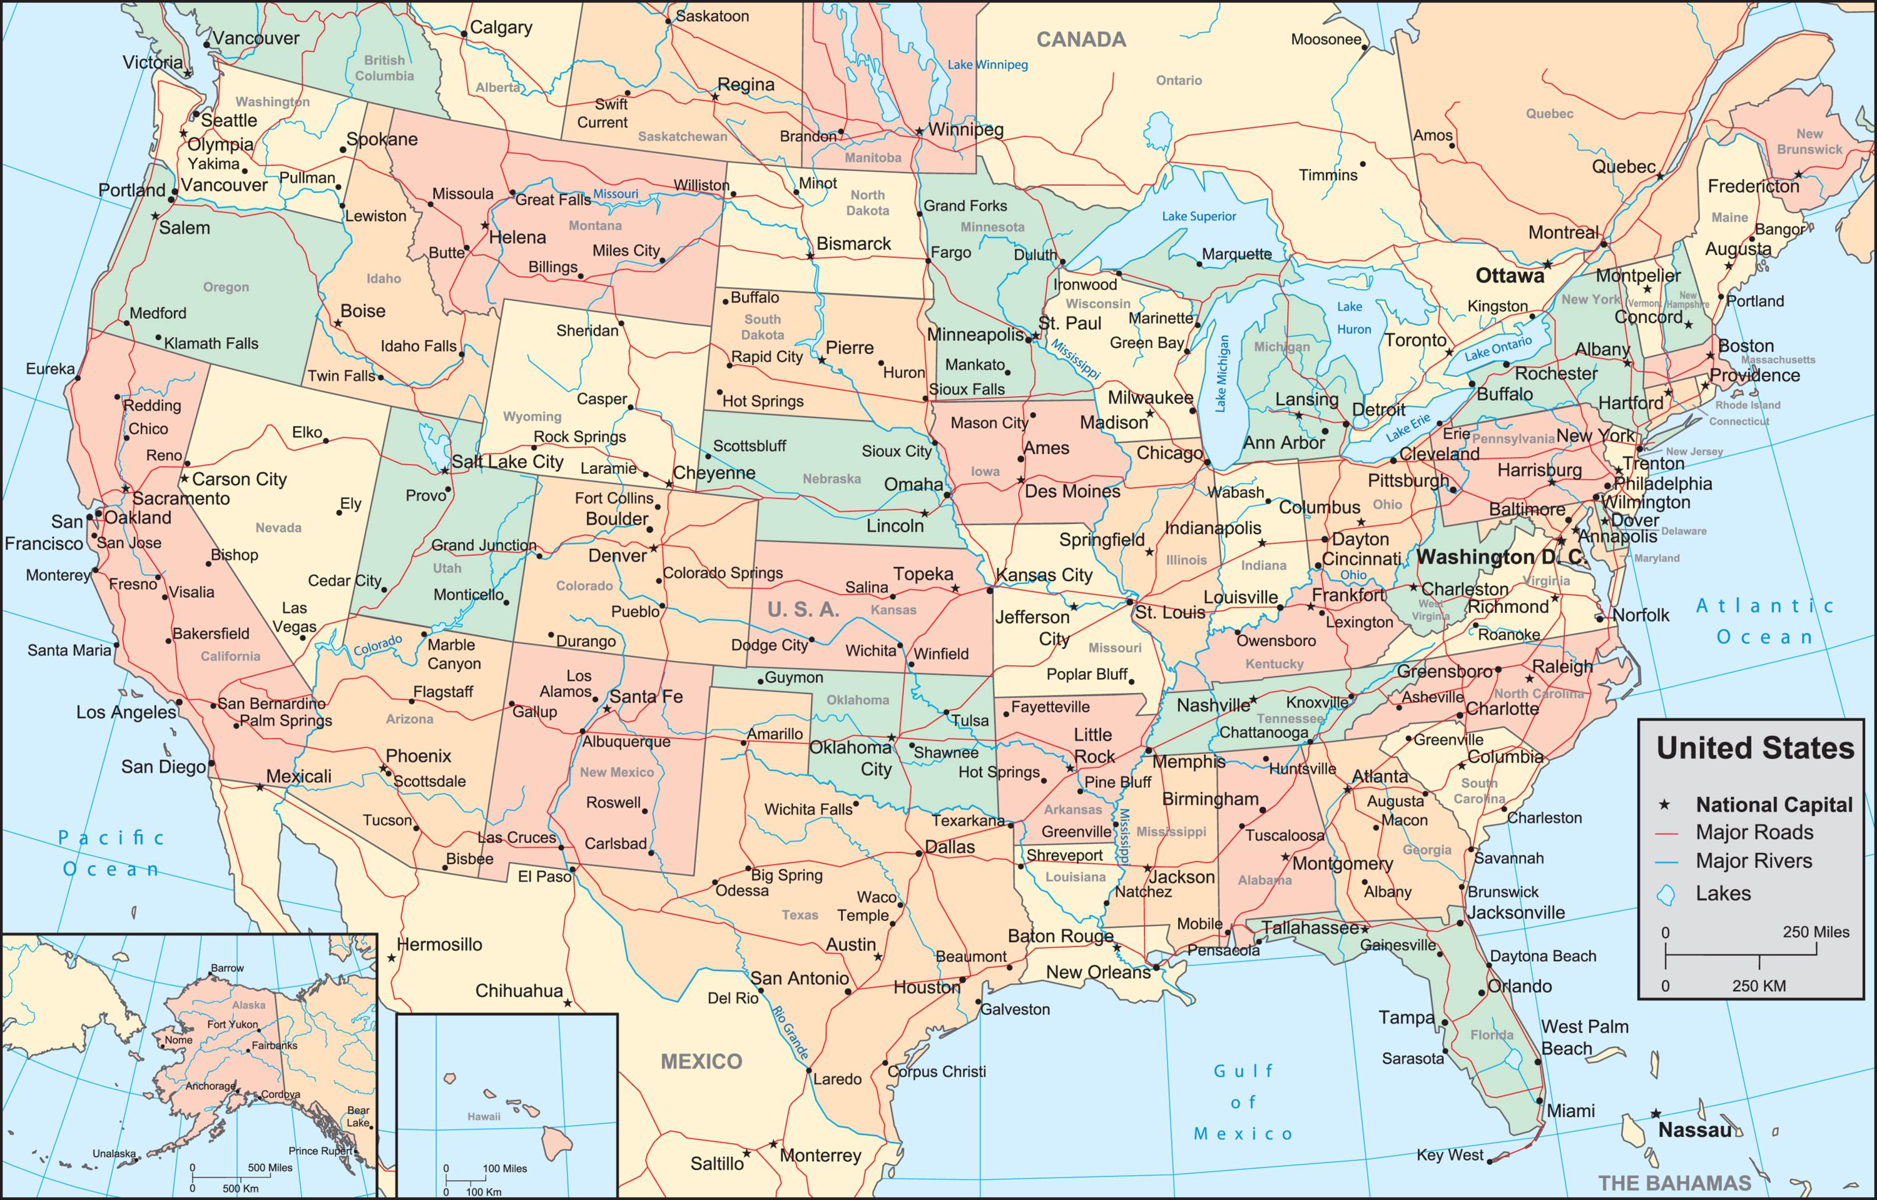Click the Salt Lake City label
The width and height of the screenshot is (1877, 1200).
click(x=507, y=462)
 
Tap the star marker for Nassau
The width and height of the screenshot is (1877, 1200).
click(x=1656, y=1114)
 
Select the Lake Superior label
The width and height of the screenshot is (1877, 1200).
click(x=1199, y=216)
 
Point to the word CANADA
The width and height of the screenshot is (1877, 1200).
click(x=1081, y=40)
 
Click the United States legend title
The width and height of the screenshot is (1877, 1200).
click(x=1754, y=748)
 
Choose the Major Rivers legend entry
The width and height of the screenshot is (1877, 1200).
click(x=1754, y=861)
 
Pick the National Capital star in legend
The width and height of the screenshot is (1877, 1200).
click(x=1666, y=804)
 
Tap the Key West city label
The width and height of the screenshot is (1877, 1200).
click(x=1449, y=1156)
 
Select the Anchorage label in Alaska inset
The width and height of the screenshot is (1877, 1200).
click(x=210, y=1086)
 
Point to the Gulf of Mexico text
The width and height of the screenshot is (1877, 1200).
click(x=1243, y=1102)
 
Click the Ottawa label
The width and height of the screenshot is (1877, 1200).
click(x=1510, y=276)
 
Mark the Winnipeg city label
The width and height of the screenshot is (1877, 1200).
click(x=966, y=129)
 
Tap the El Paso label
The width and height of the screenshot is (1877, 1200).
click(x=544, y=877)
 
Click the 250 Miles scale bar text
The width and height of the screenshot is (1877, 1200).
click(x=1816, y=932)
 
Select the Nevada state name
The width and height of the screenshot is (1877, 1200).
click(x=278, y=528)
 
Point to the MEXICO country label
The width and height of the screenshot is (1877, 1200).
click(x=701, y=1061)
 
